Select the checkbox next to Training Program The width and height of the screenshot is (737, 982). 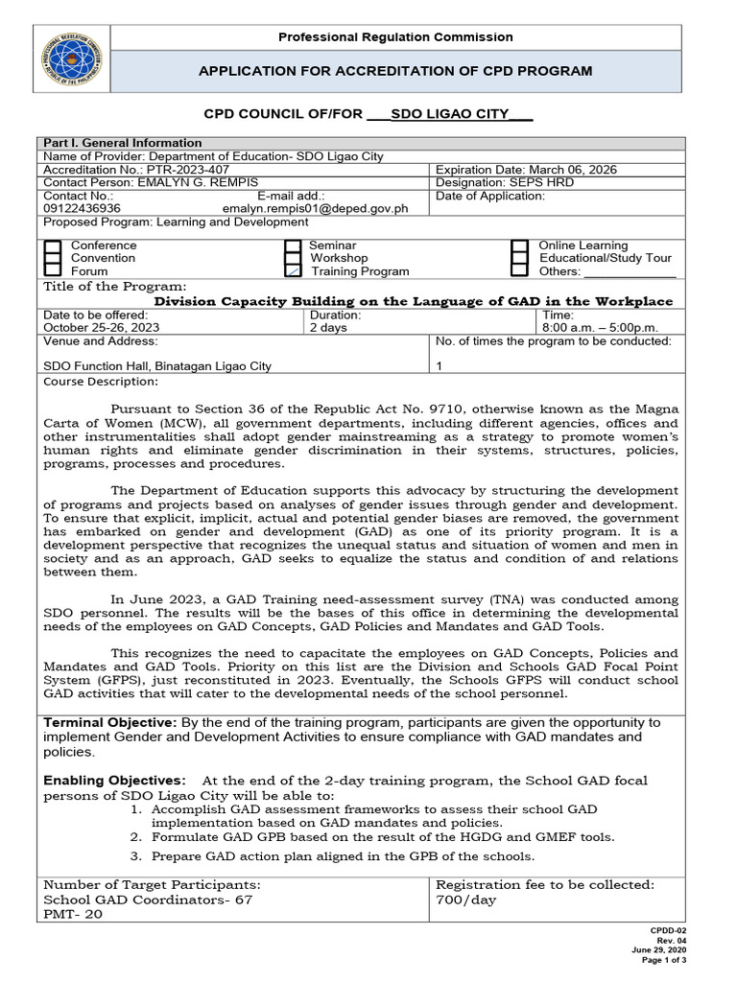coord(293,271)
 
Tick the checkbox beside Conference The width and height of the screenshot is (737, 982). coord(54,246)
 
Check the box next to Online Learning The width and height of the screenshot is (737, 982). coord(519,246)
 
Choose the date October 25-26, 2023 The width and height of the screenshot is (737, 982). coord(102,327)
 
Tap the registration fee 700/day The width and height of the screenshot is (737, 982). coord(468,900)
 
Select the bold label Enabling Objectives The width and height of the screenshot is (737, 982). coord(114,781)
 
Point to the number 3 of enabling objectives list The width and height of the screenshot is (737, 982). coord(136,856)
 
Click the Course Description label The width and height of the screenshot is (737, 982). coord(101,382)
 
